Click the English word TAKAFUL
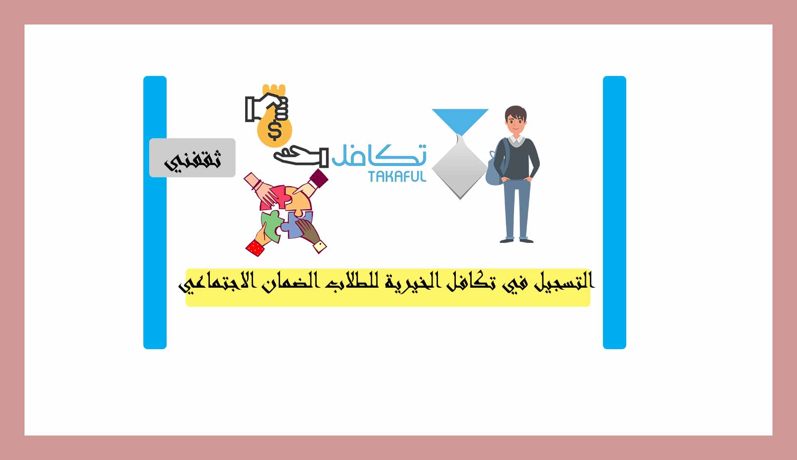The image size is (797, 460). click(x=397, y=176)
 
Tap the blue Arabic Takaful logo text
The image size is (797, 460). click(x=379, y=154)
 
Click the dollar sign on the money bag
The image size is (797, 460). click(x=274, y=130)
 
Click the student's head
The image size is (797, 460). click(x=516, y=120)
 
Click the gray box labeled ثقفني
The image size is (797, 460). click(x=192, y=158)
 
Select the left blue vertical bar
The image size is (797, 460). click(x=155, y=213)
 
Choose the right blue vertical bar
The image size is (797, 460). click(x=615, y=213)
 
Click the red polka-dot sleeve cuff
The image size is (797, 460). click(x=255, y=248)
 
